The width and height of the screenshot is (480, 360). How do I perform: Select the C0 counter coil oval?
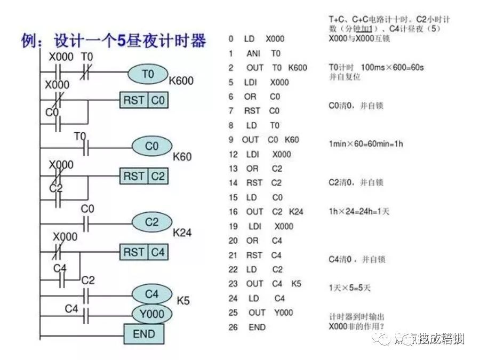coord(152,146)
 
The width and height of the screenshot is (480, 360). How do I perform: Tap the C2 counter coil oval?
coord(152,222)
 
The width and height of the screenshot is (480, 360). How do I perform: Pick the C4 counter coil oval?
coord(152,293)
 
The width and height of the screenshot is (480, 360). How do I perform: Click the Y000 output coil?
coord(152,314)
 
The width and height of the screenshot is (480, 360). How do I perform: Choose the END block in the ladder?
coord(143,334)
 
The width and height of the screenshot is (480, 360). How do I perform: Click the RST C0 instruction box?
coord(143,100)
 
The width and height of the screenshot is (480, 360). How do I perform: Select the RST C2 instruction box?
coord(143,176)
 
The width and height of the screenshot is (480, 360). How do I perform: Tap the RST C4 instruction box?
coord(143,252)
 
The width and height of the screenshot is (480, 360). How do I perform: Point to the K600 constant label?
coord(181,82)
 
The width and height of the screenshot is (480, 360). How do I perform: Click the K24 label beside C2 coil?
coord(182,233)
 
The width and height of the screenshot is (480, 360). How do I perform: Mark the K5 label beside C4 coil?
coord(183,301)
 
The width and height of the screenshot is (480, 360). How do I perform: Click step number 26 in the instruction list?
coord(233,327)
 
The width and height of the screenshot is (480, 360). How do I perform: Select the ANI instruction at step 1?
coord(253,53)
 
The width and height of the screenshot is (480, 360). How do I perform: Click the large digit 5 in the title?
coord(122,41)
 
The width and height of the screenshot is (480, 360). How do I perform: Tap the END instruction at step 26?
coord(257,327)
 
